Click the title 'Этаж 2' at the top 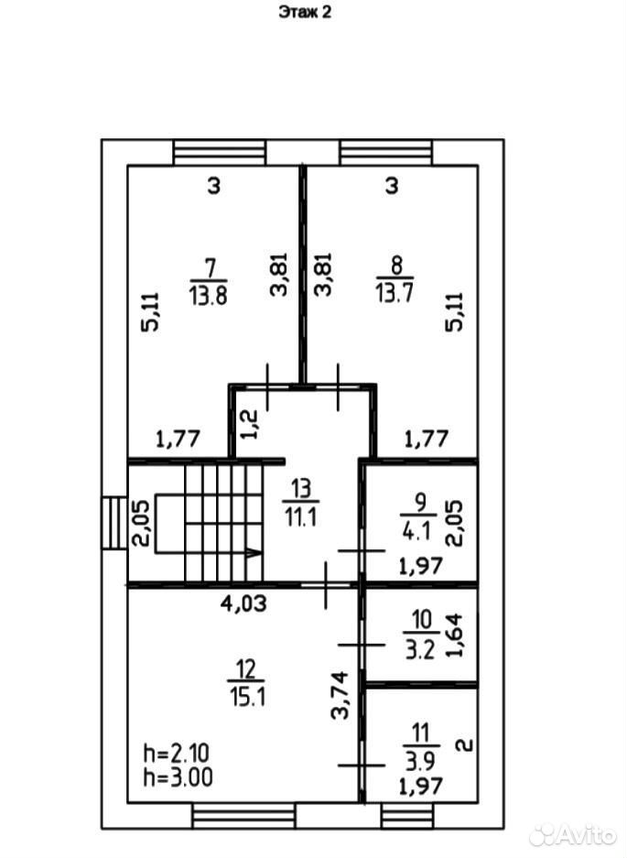click(x=305, y=12)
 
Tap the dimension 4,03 click(x=244, y=603)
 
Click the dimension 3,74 click(x=341, y=695)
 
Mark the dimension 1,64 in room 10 click(x=454, y=635)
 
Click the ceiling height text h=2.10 click(x=176, y=754)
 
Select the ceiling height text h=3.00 click(x=178, y=777)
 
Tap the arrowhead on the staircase click(x=254, y=553)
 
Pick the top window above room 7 click(x=220, y=152)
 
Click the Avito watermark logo click(x=572, y=834)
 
